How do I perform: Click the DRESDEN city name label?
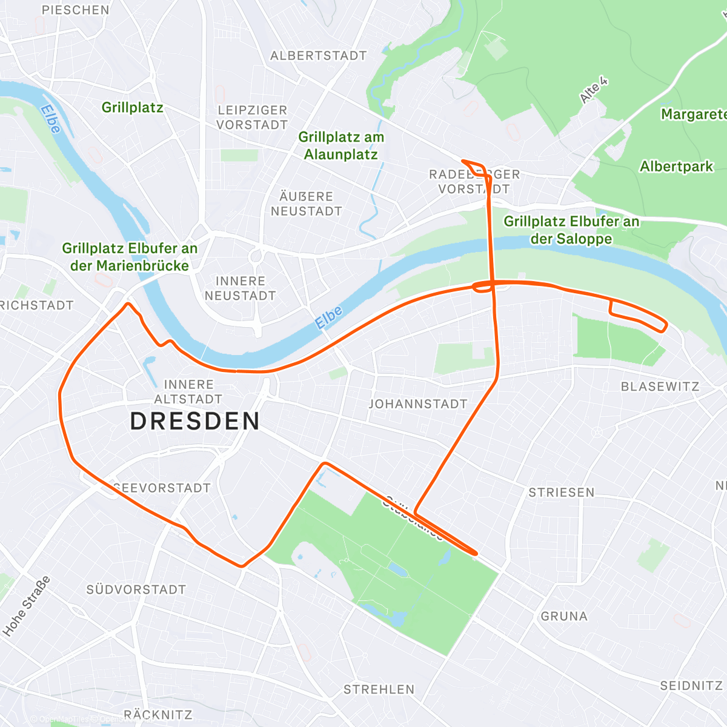tap(195, 421)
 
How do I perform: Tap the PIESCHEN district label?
tap(76, 10)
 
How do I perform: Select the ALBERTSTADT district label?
tap(319, 56)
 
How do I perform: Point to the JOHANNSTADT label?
tap(418, 404)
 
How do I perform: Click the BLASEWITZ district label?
tap(660, 387)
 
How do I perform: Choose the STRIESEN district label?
tap(562, 493)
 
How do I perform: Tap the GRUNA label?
tap(564, 616)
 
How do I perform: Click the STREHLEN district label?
tap(379, 689)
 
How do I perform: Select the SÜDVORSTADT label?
tap(136, 589)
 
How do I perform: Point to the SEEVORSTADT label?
tap(162, 488)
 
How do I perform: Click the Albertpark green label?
tap(676, 167)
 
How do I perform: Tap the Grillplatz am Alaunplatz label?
tap(341, 146)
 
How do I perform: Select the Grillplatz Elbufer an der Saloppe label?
tap(571, 230)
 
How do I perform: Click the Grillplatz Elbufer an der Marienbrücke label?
tap(130, 257)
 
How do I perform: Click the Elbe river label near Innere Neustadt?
tap(329, 317)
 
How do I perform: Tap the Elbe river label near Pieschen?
tap(51, 119)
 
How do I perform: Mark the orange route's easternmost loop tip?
tap(666, 326)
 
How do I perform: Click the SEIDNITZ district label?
tap(691, 685)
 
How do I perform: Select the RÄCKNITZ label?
tap(158, 715)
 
